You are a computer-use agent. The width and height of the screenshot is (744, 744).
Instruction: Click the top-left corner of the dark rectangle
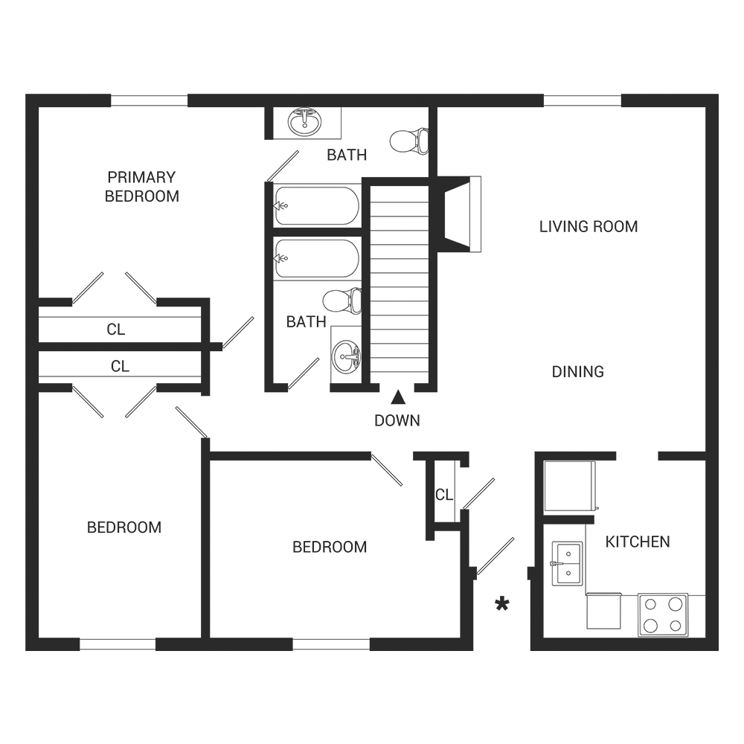[x=25, y=94]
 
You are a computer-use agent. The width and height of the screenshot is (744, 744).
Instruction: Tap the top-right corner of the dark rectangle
[x=718, y=94]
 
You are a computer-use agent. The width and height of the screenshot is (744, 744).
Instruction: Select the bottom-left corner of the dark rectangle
[x=25, y=650]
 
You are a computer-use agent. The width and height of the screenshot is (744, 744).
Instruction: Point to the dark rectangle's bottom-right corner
[x=718, y=650]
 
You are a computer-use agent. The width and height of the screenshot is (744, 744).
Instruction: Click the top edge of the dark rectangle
[x=372, y=94]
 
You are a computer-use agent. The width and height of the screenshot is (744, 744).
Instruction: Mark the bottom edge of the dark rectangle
[x=372, y=650]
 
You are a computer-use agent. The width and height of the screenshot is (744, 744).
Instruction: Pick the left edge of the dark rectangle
[x=25, y=372]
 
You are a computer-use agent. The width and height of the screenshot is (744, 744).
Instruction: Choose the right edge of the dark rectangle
[x=718, y=372]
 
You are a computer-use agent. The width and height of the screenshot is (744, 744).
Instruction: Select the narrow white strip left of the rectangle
[x=12, y=372]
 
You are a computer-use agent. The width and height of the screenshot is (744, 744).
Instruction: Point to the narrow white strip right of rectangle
[x=731, y=372]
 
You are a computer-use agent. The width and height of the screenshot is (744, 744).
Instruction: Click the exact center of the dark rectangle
[x=372, y=372]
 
